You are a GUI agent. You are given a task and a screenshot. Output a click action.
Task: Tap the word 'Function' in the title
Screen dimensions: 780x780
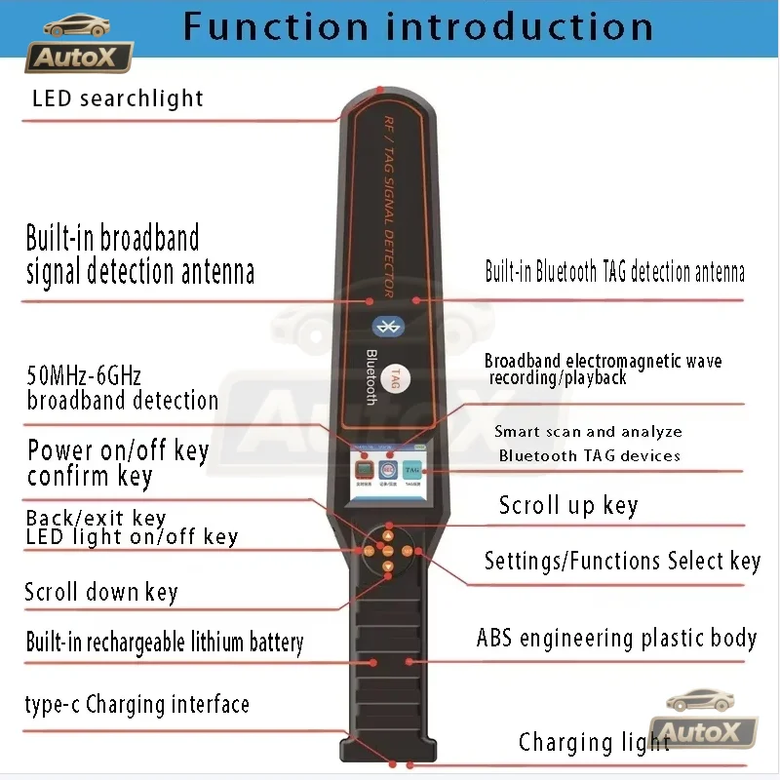pos(274,26)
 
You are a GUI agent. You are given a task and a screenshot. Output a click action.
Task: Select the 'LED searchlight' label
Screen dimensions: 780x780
pos(117,98)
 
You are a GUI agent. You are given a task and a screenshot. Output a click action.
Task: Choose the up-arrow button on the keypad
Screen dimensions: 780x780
pos(388,536)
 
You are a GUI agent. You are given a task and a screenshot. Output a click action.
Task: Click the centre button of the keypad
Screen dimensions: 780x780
pos(388,552)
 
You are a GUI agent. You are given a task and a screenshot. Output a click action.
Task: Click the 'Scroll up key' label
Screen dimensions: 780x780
pos(567,505)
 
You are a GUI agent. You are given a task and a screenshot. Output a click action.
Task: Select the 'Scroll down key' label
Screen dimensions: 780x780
pos(100,592)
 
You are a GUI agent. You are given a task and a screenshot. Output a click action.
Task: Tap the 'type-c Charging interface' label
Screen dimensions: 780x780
pos(136,705)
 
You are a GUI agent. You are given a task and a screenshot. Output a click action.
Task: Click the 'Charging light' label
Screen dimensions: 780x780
pos(594,743)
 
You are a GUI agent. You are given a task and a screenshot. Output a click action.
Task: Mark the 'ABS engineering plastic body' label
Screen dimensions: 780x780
pos(616,639)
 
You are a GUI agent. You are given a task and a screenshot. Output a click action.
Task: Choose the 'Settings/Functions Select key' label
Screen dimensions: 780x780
pos(621,562)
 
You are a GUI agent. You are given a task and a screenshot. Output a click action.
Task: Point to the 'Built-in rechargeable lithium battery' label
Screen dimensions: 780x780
pos(164,643)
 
